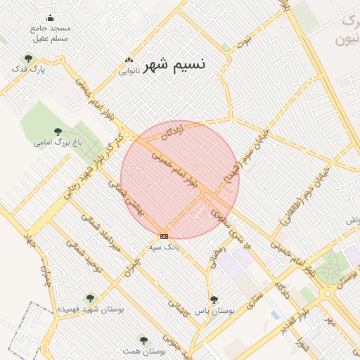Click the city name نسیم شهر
point(174,65)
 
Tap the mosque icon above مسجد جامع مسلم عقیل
point(49,18)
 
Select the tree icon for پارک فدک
point(28,59)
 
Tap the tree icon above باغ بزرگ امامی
point(58,131)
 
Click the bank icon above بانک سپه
point(164,236)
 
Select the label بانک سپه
point(165,247)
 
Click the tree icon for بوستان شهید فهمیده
point(89,298)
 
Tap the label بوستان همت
point(149,350)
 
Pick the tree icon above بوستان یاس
point(214,299)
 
